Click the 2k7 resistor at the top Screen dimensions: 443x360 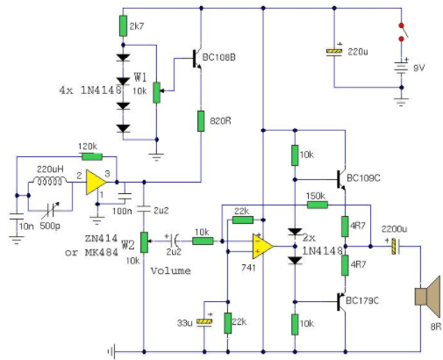[x=123, y=26]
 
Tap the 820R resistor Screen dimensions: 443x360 [x=201, y=121]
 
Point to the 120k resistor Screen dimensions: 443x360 [x=92, y=156]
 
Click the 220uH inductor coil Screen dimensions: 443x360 [x=50, y=181]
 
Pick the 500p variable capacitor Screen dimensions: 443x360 [x=50, y=210]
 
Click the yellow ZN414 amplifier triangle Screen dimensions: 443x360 [x=96, y=182]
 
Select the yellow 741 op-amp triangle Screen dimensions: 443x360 [x=263, y=247]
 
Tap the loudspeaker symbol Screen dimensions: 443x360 [x=427, y=297]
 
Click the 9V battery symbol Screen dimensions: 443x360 [x=401, y=68]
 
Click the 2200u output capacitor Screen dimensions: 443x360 [x=396, y=247]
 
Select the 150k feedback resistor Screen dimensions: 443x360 [x=318, y=205]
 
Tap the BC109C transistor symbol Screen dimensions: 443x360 [x=341, y=179]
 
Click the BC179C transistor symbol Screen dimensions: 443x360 [x=341, y=301]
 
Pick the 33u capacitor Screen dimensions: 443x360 [x=204, y=322]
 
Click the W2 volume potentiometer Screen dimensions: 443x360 [x=144, y=242]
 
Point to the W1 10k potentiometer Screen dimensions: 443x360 [x=157, y=92]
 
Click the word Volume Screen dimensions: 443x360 [x=171, y=270]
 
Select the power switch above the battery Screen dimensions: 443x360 [x=403, y=32]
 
